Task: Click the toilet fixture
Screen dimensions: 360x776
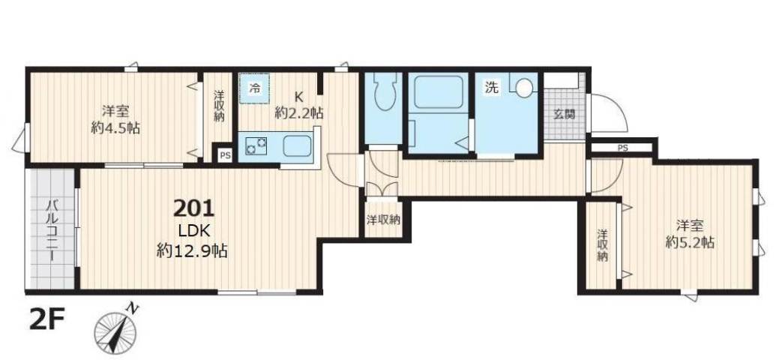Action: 384,94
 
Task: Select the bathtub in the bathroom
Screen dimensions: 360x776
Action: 437,93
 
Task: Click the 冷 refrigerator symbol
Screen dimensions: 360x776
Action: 254,89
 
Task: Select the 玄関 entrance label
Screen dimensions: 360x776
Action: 564,115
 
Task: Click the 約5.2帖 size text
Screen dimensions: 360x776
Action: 690,242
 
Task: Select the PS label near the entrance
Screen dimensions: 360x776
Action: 622,148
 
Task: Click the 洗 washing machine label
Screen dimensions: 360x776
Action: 491,87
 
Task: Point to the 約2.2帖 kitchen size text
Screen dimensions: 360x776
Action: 298,113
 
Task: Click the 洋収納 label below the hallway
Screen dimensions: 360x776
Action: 382,220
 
